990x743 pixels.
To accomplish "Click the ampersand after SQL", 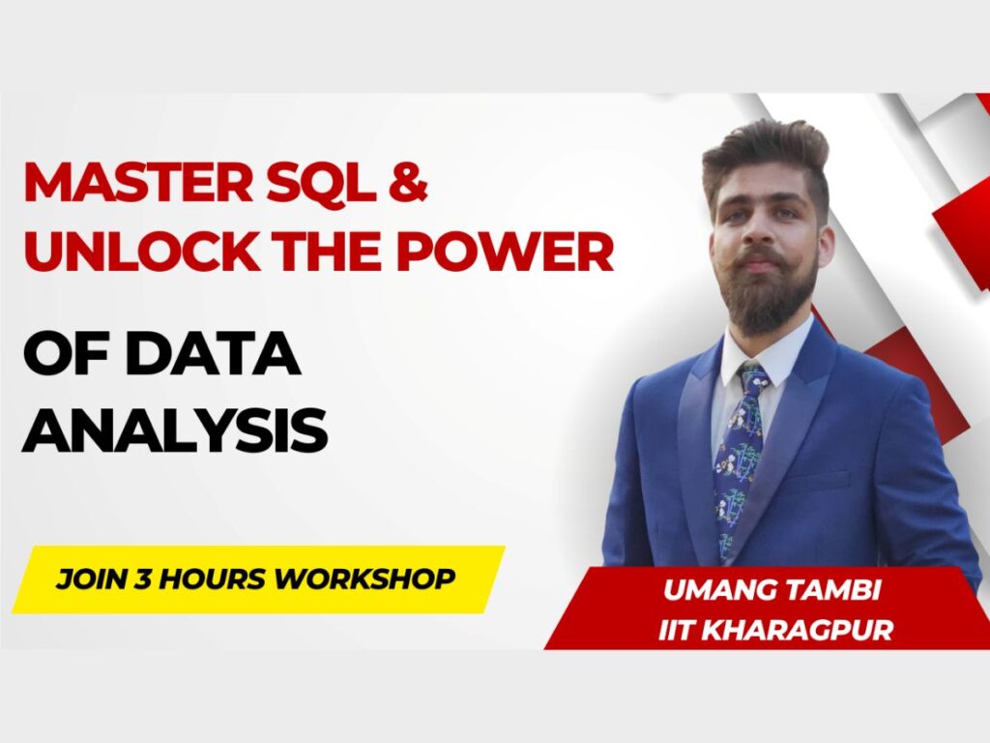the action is pyautogui.click(x=408, y=181).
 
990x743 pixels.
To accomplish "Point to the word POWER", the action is pyautogui.click(x=505, y=251).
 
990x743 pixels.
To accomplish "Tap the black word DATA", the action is pyautogui.click(x=213, y=353).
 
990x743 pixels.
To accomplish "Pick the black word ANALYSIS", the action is pyautogui.click(x=175, y=431).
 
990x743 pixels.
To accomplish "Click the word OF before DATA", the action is pyautogui.click(x=69, y=353).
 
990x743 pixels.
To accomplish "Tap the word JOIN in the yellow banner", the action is pyautogui.click(x=91, y=579).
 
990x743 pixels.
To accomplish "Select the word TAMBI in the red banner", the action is pyautogui.click(x=826, y=590).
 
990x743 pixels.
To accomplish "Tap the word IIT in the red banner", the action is pyautogui.click(x=676, y=630).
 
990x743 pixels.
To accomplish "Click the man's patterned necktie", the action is pyautogui.click(x=739, y=461).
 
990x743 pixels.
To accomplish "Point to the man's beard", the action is pyautogui.click(x=767, y=290).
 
